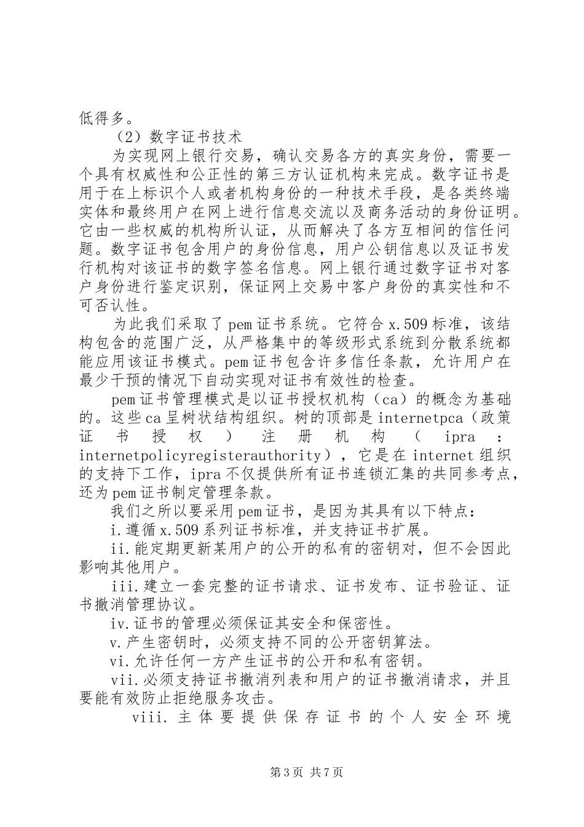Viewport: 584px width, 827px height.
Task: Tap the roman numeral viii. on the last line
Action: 147,717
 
